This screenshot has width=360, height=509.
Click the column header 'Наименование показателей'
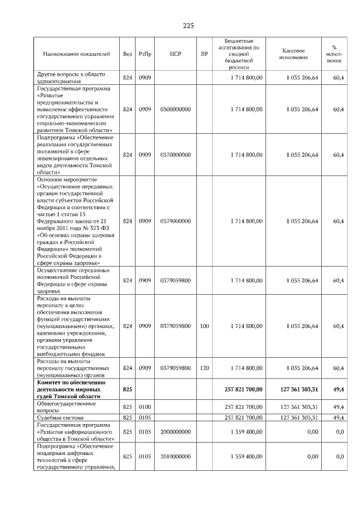[76, 54]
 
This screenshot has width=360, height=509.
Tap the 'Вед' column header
[128, 54]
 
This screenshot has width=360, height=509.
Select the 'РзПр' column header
[146, 54]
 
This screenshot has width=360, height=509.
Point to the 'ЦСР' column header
[175, 54]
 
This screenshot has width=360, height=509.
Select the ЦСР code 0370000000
[175, 155]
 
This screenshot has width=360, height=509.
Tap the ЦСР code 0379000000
[175, 222]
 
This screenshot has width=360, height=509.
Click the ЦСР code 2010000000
[175, 457]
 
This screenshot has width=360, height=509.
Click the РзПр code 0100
[146, 407]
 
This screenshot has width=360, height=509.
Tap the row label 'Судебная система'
[60, 417]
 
